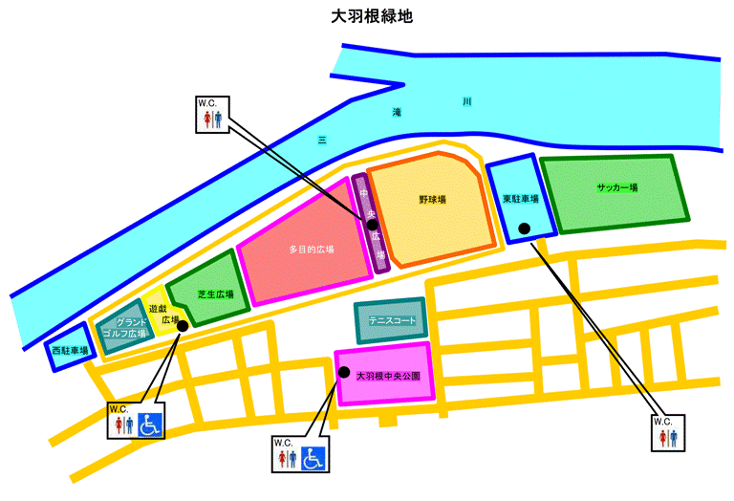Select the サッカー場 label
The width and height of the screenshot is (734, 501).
point(616,188)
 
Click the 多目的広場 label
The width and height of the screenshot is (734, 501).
point(311,250)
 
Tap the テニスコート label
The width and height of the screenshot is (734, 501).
point(393,321)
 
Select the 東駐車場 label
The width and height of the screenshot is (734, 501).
point(521,200)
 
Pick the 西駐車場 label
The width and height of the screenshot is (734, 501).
point(71,351)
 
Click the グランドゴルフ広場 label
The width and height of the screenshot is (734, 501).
point(125,328)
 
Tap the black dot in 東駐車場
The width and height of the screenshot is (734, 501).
point(524,228)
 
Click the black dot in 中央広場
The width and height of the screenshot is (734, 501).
point(373,224)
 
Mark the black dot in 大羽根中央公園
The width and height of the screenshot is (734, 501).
point(344,372)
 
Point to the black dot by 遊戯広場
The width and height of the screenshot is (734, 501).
point(183,325)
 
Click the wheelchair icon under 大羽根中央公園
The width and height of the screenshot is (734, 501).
point(313,459)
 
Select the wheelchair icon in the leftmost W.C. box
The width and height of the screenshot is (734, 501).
point(149,424)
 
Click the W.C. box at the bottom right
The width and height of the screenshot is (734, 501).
point(663,433)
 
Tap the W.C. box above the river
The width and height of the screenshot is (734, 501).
point(211,114)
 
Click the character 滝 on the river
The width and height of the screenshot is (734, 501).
point(397,113)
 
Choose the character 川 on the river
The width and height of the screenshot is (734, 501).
point(466,99)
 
